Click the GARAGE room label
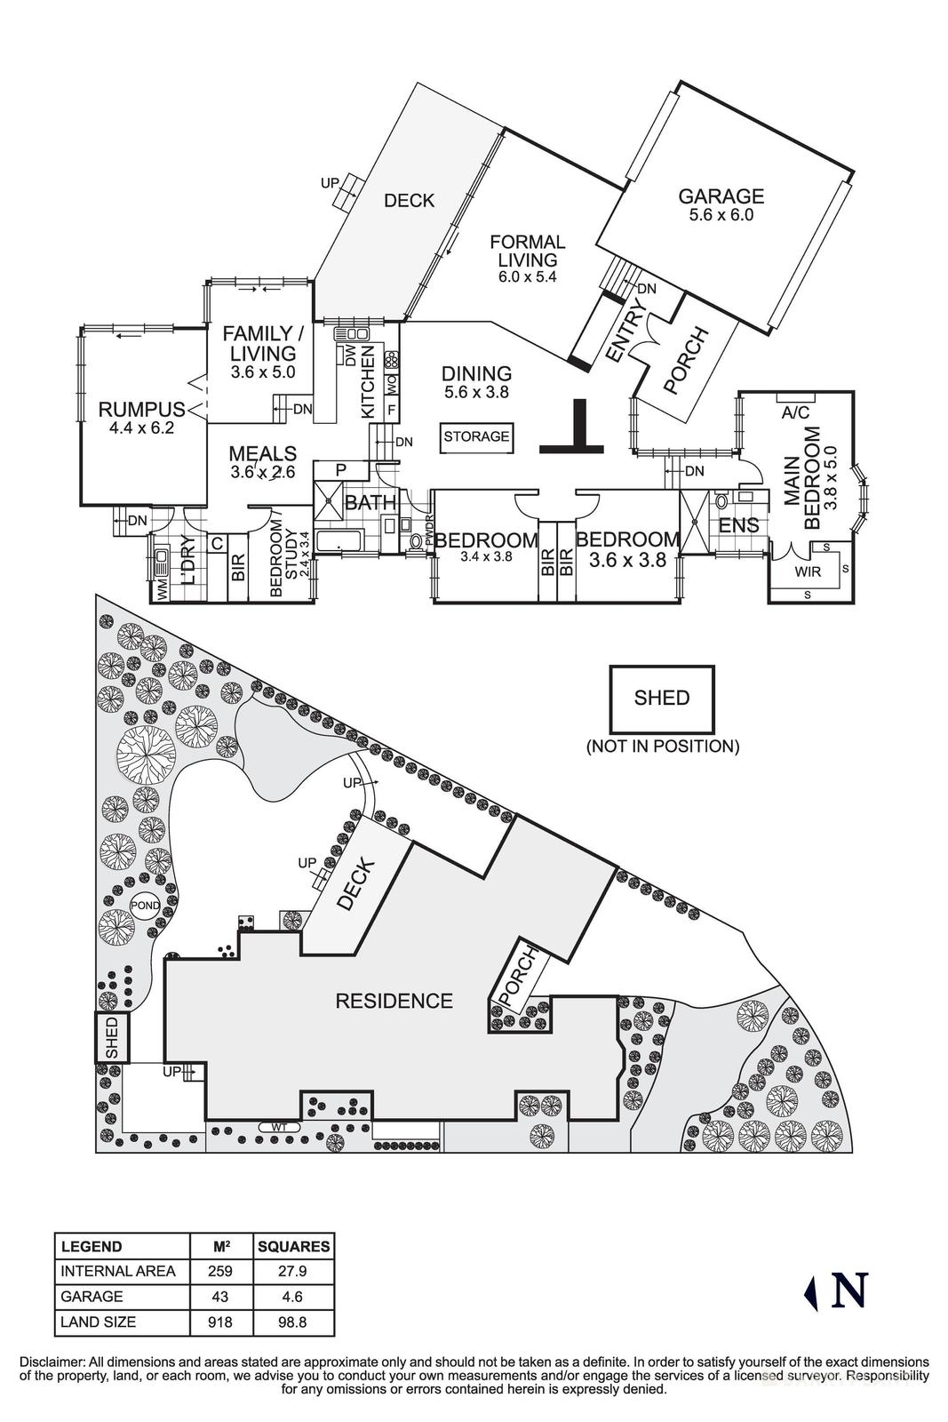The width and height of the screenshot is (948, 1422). (721, 196)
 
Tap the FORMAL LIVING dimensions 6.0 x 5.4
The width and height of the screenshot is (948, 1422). (527, 277)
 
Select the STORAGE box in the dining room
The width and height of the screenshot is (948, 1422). (476, 436)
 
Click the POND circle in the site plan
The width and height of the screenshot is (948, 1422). (145, 906)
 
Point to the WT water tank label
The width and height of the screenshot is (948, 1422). (279, 1127)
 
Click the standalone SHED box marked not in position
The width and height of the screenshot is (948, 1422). (661, 698)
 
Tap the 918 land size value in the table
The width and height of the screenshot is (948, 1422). (219, 1322)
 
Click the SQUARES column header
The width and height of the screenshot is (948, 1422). (293, 1247)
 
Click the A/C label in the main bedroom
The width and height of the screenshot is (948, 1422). (795, 413)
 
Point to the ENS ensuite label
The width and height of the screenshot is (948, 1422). (739, 525)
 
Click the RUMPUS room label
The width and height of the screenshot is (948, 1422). (141, 410)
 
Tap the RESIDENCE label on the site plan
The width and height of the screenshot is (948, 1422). (394, 1001)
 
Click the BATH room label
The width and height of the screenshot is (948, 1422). (370, 503)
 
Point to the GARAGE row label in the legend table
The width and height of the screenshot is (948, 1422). (92, 1297)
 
